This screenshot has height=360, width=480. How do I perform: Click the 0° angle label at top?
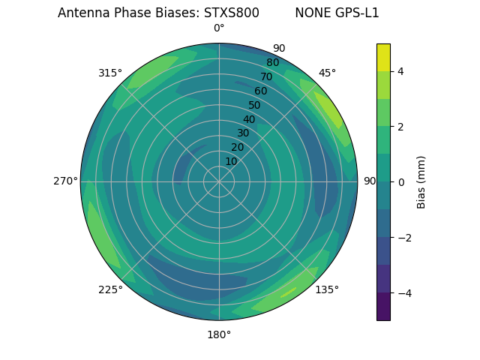point(219,28)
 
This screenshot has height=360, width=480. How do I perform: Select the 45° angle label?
point(327,73)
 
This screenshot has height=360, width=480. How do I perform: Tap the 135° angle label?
point(327,289)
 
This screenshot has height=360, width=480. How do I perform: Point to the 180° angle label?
point(219,334)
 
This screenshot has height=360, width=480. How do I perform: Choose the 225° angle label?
point(110,289)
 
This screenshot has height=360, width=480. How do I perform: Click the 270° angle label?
point(66,181)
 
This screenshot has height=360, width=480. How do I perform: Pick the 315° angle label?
point(110,73)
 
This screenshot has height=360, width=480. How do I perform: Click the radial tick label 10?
point(232,161)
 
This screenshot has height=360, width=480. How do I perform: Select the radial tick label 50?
point(254,106)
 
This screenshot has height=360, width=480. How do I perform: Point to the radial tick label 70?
point(266,76)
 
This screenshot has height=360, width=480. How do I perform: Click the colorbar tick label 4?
point(401,71)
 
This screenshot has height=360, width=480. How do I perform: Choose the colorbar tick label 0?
point(401,181)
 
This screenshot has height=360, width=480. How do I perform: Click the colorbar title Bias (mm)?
point(421,181)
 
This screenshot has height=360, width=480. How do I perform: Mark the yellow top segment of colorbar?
point(383,57)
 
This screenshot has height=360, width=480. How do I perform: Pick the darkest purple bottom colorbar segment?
point(383,307)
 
